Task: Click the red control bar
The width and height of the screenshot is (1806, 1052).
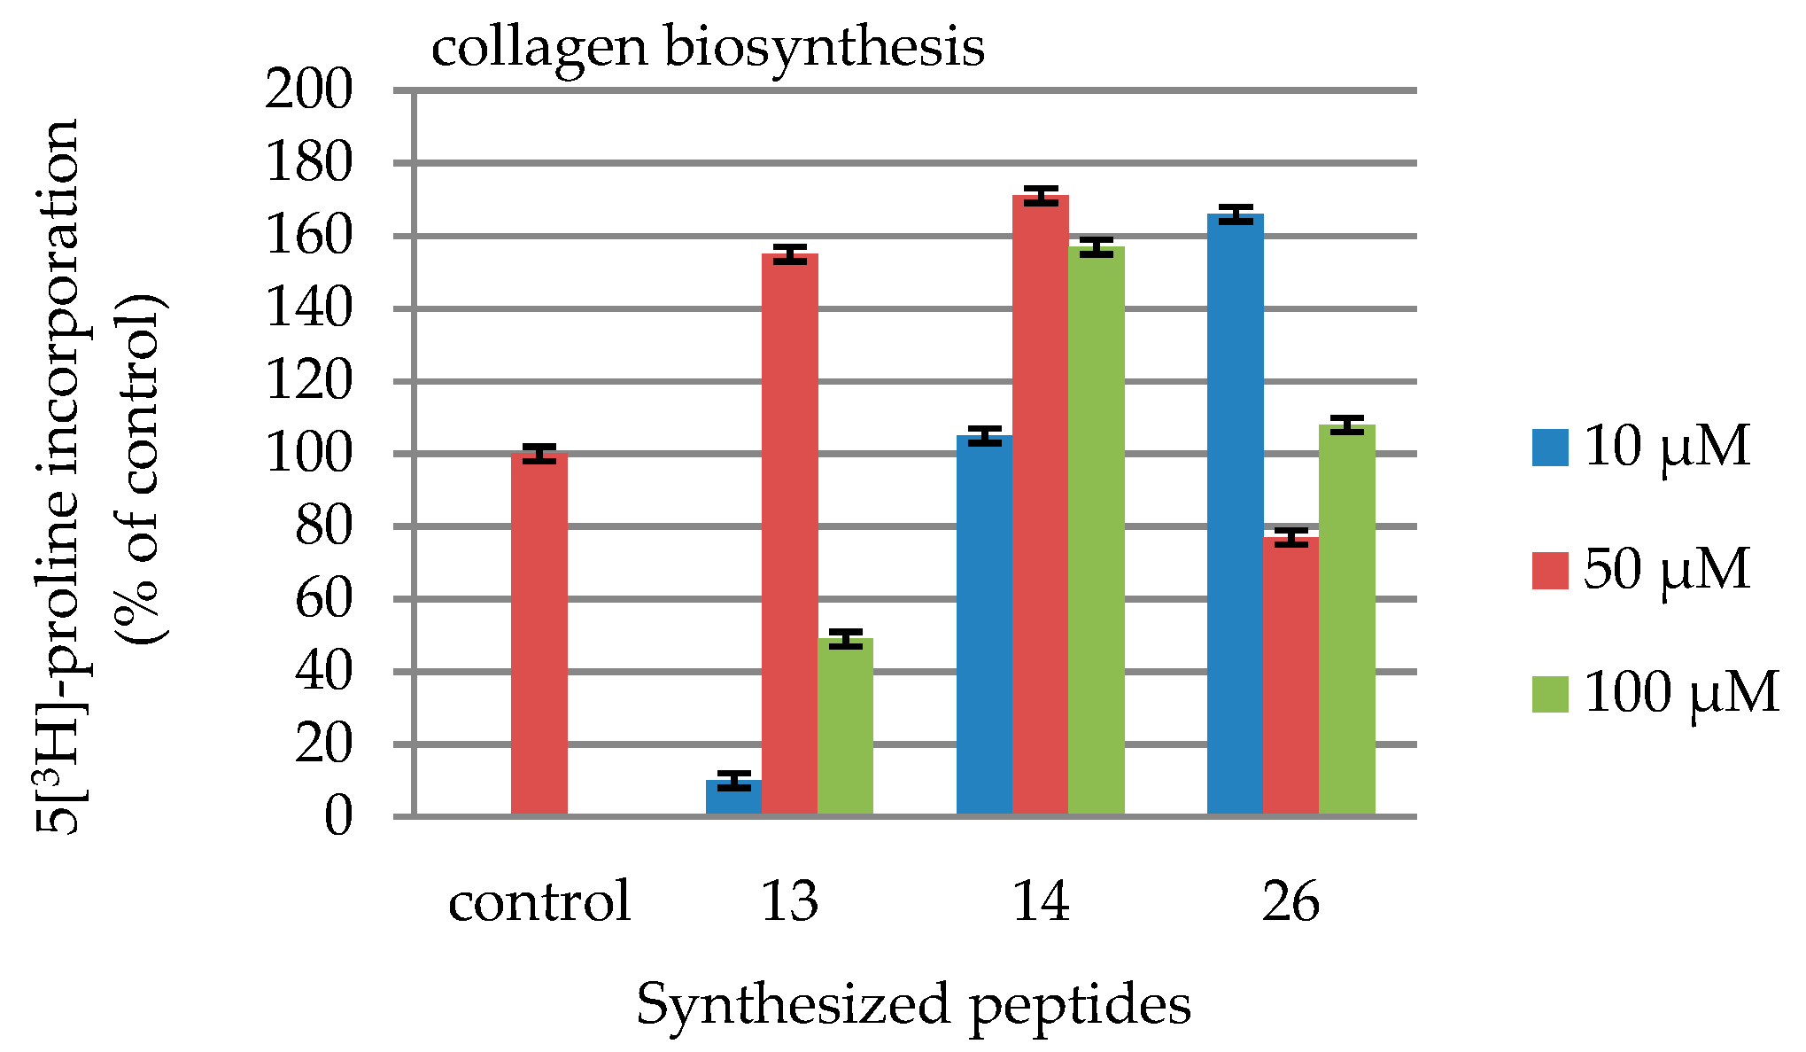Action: pyautogui.click(x=539, y=634)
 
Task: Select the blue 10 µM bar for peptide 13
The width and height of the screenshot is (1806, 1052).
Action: pyautogui.click(x=733, y=797)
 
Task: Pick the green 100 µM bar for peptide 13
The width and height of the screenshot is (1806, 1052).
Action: pyautogui.click(x=845, y=726)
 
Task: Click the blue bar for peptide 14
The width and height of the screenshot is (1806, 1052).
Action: pyautogui.click(x=984, y=625)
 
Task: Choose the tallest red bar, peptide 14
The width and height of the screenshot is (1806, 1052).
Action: pyautogui.click(x=1040, y=505)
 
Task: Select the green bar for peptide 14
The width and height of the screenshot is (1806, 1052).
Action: pyautogui.click(x=1096, y=531)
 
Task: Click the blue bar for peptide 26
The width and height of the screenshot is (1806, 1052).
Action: pyautogui.click(x=1235, y=514)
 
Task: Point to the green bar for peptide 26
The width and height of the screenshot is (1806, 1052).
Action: pyautogui.click(x=1346, y=620)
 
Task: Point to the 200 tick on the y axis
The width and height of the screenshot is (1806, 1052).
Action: pyautogui.click(x=309, y=90)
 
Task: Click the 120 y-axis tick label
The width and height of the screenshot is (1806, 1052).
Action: pyautogui.click(x=309, y=382)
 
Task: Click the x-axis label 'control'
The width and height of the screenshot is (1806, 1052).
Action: pyautogui.click(x=539, y=902)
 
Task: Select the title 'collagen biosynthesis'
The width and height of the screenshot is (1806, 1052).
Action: pyautogui.click(x=707, y=46)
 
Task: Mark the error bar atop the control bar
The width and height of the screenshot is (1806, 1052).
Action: pyautogui.click(x=539, y=453)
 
